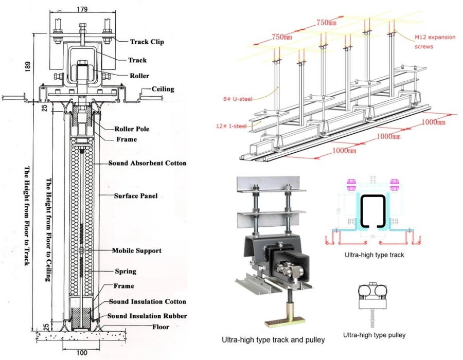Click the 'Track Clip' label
coord(147,42)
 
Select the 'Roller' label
coord(139,76)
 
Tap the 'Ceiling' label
coord(163,89)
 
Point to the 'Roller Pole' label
coord(132,129)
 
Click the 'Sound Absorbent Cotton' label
coord(147,163)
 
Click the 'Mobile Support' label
coord(136,251)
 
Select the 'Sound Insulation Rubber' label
coord(147,316)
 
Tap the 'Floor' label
coord(161,326)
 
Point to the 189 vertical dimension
coord(30,67)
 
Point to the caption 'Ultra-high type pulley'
coord(374,335)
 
